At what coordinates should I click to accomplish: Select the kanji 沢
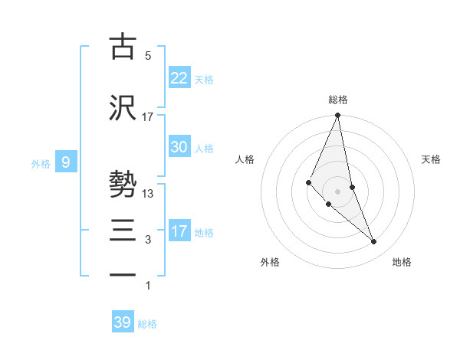[x=123, y=107]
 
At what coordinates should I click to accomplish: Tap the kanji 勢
[x=123, y=185]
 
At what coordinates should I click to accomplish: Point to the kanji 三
[x=123, y=231]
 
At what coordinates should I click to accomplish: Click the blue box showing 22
[x=179, y=77]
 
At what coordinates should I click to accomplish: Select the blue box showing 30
[x=179, y=147]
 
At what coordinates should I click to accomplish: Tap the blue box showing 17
[x=179, y=231]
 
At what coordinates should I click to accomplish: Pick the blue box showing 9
[x=67, y=162]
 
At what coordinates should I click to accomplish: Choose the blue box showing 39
[x=123, y=322]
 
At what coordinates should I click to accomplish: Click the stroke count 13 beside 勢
[x=148, y=194]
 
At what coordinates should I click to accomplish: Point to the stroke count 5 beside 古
[x=147, y=56]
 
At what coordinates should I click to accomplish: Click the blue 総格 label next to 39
[x=147, y=324]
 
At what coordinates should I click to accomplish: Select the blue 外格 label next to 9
[x=41, y=163]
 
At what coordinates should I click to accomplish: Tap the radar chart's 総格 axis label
[x=338, y=100]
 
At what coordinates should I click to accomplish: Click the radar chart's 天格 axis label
[x=431, y=159]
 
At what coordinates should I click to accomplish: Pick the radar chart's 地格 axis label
[x=402, y=262]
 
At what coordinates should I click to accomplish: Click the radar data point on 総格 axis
[x=338, y=116]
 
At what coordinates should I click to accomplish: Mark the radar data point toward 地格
[x=374, y=242]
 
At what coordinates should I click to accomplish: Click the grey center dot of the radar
[x=338, y=191]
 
